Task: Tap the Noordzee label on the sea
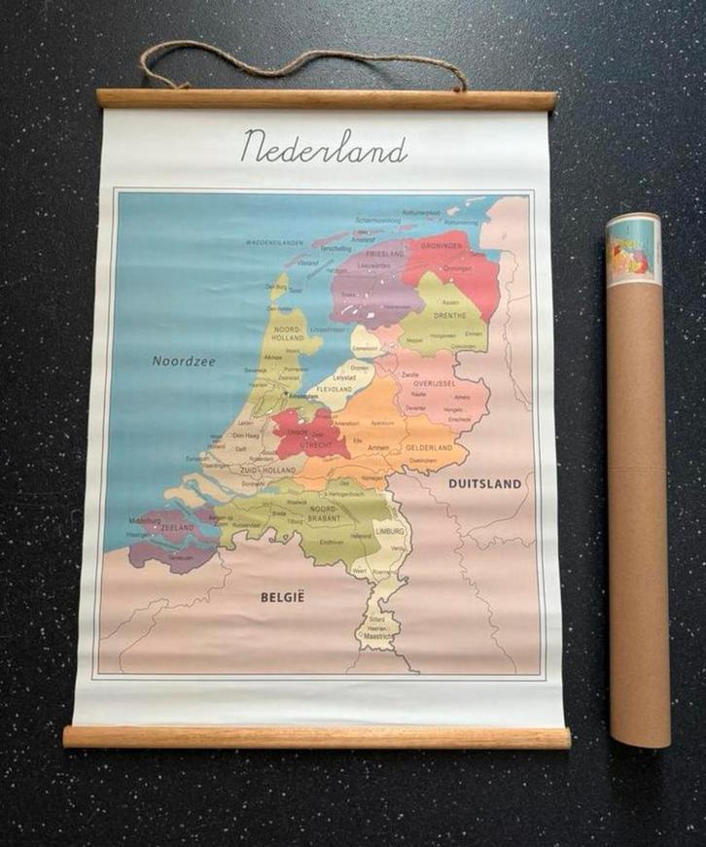pyautogui.click(x=184, y=361)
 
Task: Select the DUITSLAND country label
pyautogui.click(x=484, y=483)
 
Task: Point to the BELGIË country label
pyautogui.click(x=282, y=597)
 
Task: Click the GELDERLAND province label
pyautogui.click(x=431, y=448)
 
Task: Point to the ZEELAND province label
pyautogui.click(x=178, y=527)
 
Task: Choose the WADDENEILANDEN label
pyautogui.click(x=274, y=242)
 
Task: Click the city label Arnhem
pyautogui.click(x=378, y=448)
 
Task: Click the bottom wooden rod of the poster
pyautogui.click(x=317, y=737)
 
